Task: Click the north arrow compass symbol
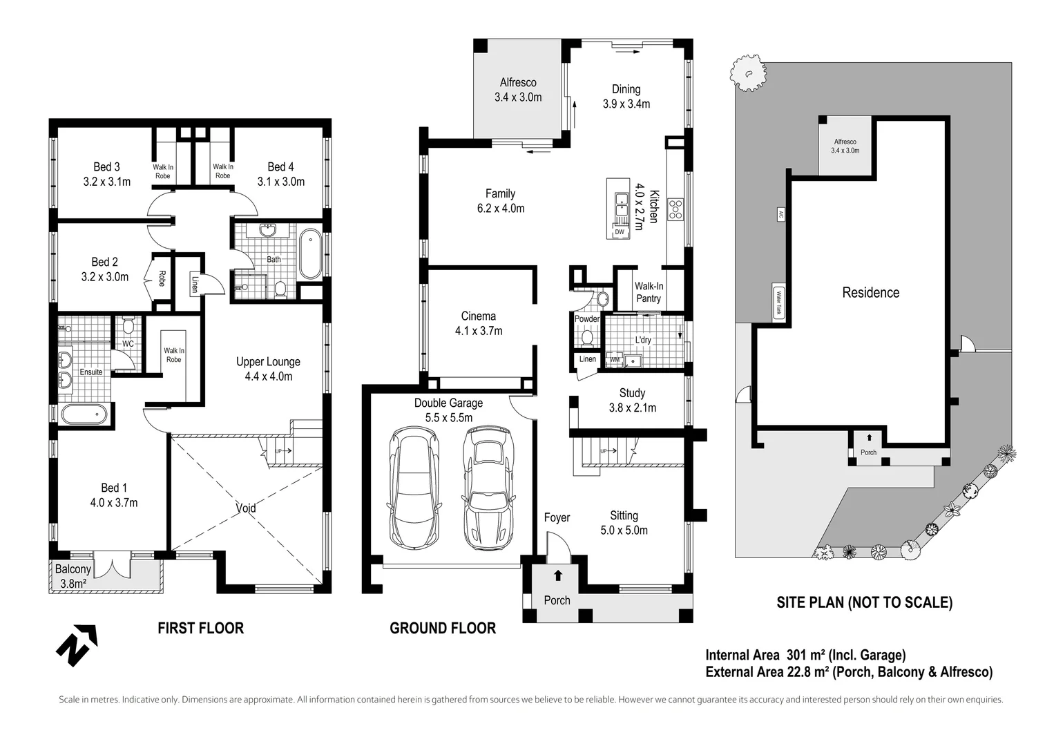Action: [x=76, y=645]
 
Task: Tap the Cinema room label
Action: [x=479, y=323]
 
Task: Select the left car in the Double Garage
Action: [x=414, y=487]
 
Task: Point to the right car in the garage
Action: [x=488, y=487]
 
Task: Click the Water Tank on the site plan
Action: [x=779, y=303]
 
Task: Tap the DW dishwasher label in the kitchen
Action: [x=620, y=232]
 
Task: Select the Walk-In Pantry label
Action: [x=649, y=292]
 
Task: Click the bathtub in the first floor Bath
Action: [x=310, y=254]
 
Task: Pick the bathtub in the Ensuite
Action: [x=84, y=414]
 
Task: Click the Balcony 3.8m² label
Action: [x=73, y=576]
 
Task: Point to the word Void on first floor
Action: [x=246, y=508]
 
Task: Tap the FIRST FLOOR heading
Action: [x=200, y=628]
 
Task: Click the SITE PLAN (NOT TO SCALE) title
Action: [x=864, y=602]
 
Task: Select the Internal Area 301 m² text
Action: [x=805, y=655]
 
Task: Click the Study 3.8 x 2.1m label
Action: [x=632, y=401]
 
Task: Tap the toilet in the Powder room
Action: [x=587, y=337]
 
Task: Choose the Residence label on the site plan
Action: [x=870, y=293]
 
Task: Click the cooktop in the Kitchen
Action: [x=675, y=209]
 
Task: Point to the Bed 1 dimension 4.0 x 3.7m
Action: [x=114, y=503]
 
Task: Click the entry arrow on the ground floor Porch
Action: [x=557, y=575]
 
